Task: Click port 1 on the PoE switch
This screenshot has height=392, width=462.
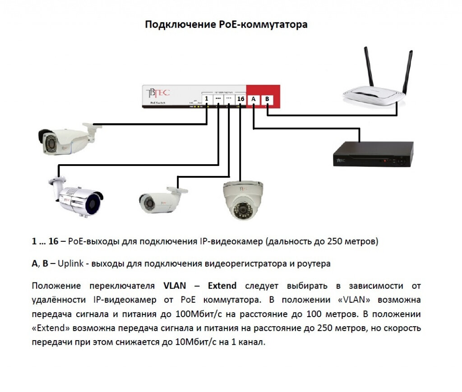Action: point(206,99)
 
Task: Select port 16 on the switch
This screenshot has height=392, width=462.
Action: point(240,99)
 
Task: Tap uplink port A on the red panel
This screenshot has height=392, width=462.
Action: point(254,99)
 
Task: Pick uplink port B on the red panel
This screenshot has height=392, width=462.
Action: point(267,99)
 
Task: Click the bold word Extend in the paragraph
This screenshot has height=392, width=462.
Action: point(222,286)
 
